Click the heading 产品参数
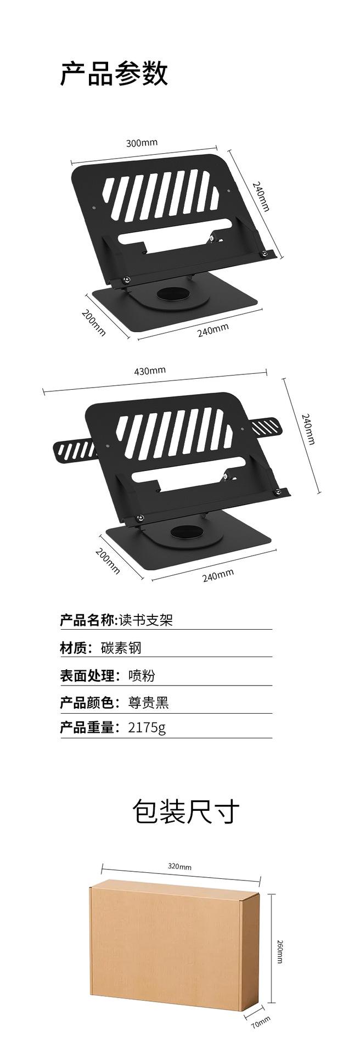(114, 74)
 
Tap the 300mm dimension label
(142, 143)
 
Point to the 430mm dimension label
(150, 371)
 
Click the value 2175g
(147, 728)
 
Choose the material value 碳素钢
(121, 648)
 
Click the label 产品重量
(87, 728)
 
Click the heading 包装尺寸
(186, 811)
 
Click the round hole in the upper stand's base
(174, 294)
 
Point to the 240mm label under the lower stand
(218, 575)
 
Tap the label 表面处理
(87, 675)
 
